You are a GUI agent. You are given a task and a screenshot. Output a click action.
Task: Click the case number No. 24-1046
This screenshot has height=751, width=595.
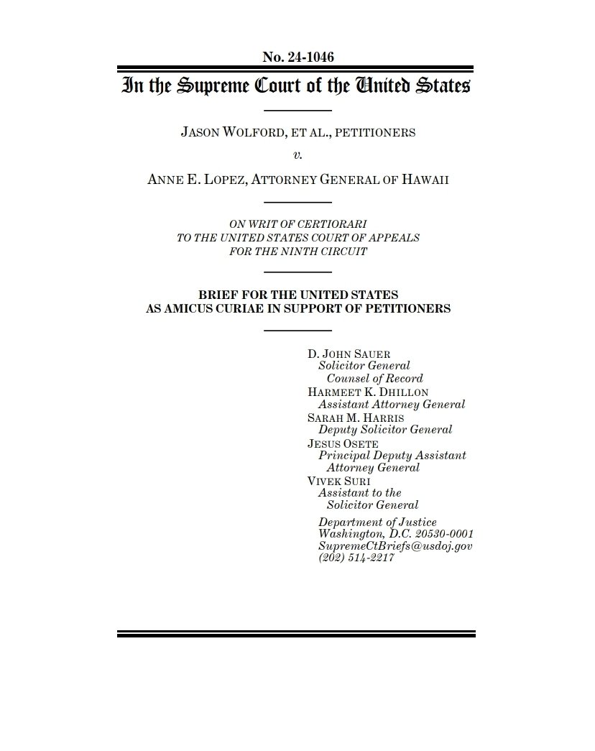click(298, 57)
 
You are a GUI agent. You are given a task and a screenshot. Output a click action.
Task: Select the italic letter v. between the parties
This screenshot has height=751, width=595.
click(298, 156)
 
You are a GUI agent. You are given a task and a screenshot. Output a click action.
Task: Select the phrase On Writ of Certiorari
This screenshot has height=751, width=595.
click(298, 225)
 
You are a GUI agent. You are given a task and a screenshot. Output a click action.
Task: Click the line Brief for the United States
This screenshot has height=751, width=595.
click(298, 295)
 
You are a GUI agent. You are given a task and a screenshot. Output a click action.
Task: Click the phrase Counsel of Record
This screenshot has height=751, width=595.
click(374, 379)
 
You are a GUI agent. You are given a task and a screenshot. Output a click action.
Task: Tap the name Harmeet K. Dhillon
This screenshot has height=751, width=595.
click(368, 392)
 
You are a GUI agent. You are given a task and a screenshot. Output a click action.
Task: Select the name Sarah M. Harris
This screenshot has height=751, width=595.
click(355, 417)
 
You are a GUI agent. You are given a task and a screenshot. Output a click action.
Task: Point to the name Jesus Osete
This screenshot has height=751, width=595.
click(343, 443)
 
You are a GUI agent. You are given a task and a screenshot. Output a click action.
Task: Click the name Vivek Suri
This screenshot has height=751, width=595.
click(339, 481)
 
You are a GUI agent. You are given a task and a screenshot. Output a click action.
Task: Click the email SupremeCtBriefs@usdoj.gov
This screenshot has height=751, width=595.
click(395, 546)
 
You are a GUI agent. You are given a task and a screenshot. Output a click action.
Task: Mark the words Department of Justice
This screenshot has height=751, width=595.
click(377, 522)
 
